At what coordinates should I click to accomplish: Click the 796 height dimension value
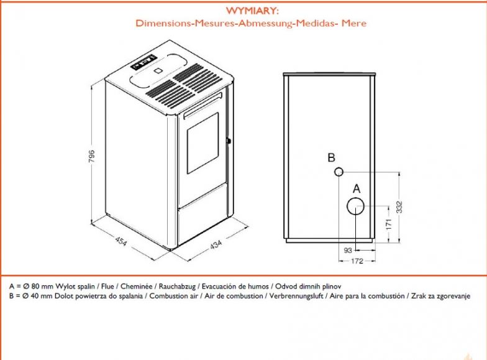92,157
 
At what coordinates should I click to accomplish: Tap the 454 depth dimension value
121,241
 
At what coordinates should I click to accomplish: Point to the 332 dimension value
399,207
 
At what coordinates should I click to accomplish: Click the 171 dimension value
389,224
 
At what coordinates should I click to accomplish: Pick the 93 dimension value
348,250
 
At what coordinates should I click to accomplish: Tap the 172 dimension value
357,261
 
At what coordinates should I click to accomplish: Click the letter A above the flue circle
357,188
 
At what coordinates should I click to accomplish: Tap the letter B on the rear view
332,158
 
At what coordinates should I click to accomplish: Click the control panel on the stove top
143,62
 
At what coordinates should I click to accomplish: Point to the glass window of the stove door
203,143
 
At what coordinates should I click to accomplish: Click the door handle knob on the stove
229,141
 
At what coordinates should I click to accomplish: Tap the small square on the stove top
158,70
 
